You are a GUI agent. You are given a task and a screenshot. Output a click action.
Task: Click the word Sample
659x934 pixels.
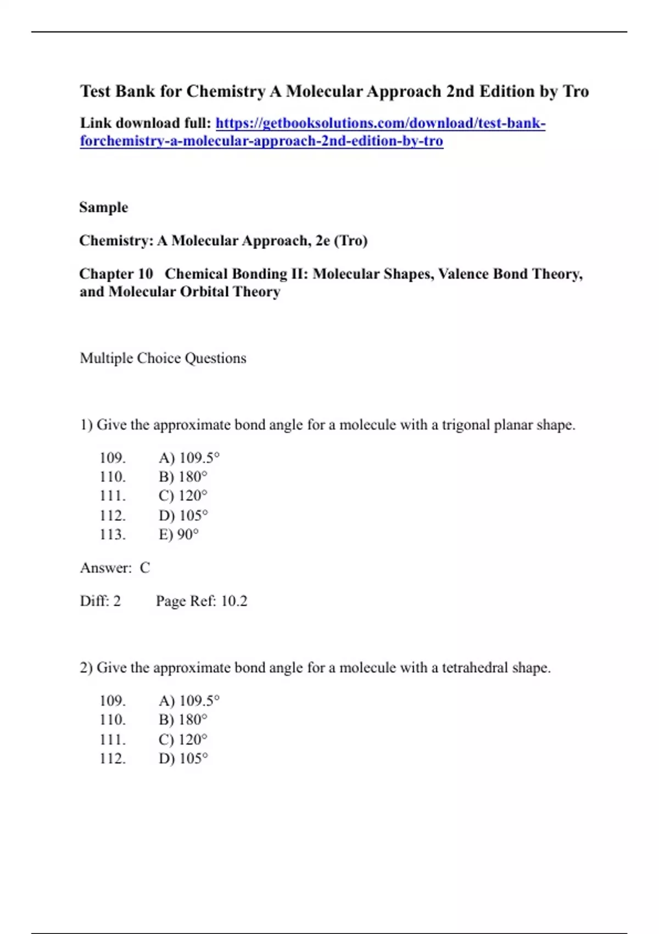tap(104, 208)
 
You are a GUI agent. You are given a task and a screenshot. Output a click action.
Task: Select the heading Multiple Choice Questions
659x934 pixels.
tap(163, 358)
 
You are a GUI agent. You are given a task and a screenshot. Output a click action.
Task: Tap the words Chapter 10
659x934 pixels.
tap(116, 274)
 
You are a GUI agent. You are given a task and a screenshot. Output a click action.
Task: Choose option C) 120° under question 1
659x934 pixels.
tap(183, 496)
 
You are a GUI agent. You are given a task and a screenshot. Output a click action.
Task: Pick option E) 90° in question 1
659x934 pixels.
tap(178, 534)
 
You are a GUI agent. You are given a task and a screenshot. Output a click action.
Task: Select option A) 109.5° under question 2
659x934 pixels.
tap(189, 700)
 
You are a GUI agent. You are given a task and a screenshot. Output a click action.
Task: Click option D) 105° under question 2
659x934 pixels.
tap(183, 758)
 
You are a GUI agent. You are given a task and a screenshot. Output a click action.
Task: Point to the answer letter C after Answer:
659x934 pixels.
tap(145, 568)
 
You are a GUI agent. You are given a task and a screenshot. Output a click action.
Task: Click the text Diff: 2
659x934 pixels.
tap(100, 601)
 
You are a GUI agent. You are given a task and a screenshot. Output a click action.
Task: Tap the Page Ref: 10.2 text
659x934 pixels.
tap(202, 601)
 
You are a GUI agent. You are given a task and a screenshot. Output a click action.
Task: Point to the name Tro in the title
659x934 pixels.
tap(576, 91)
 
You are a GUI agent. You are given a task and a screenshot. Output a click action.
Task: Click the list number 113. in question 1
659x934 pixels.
tap(113, 534)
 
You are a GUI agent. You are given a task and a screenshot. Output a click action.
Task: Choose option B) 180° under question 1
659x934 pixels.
tap(183, 476)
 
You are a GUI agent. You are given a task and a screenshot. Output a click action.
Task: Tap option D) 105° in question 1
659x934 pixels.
tap(183, 515)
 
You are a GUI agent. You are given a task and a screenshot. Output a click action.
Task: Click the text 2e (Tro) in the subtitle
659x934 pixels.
tap(342, 241)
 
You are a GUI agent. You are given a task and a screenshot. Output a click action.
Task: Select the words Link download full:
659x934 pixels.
tap(146, 123)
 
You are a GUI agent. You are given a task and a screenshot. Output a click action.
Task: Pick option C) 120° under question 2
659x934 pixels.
tap(183, 739)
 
